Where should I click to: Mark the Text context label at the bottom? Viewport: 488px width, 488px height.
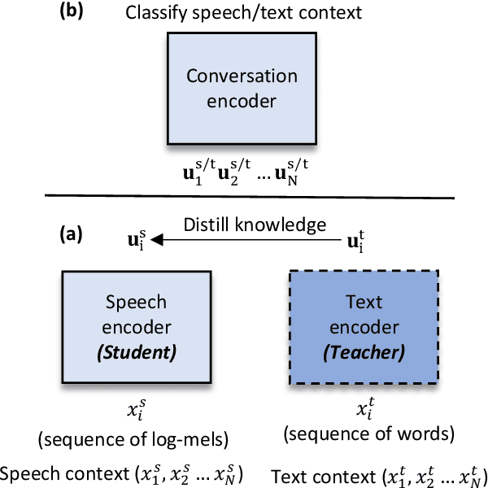point(377,475)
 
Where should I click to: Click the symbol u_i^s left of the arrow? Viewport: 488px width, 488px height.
point(133,242)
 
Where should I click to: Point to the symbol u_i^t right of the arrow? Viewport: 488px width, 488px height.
point(355,242)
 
